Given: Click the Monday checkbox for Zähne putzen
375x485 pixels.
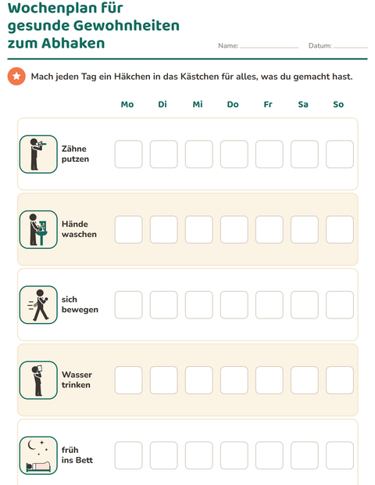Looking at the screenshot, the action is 128,154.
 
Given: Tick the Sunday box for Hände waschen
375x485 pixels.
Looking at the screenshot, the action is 340,229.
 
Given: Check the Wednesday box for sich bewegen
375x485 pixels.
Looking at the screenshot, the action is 199,304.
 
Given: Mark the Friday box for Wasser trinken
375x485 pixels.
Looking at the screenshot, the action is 270,380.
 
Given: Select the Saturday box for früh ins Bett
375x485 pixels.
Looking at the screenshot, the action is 305,455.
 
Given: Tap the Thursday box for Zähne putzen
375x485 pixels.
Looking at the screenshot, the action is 234,154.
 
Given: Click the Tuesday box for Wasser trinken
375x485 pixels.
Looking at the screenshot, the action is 164,380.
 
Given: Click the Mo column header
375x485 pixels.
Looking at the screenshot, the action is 127,104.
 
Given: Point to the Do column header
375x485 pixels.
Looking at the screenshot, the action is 233,104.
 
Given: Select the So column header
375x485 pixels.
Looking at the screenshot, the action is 338,104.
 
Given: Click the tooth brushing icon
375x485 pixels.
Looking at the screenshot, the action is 38,154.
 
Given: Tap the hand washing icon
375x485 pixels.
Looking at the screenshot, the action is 38,229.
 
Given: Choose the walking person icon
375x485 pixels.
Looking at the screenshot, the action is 38,304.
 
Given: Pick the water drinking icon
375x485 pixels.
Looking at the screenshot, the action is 38,380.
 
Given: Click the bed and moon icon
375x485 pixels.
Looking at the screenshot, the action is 38,455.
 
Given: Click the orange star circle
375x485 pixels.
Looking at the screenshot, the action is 16,76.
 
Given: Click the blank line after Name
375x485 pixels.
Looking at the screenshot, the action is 270,48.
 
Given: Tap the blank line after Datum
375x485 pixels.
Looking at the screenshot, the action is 350,48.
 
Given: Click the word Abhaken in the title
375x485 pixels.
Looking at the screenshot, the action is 73,43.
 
